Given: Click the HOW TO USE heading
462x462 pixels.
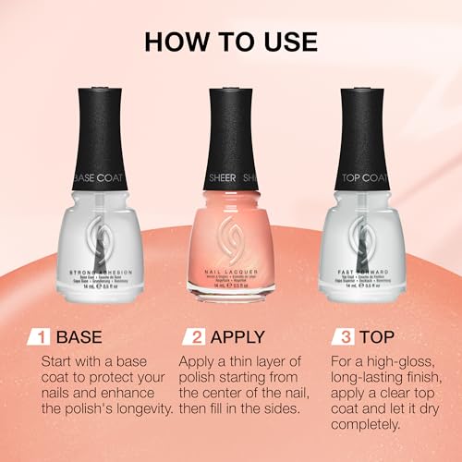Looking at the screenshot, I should [x=230, y=43].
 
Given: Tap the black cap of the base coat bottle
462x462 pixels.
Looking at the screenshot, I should [x=99, y=129].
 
